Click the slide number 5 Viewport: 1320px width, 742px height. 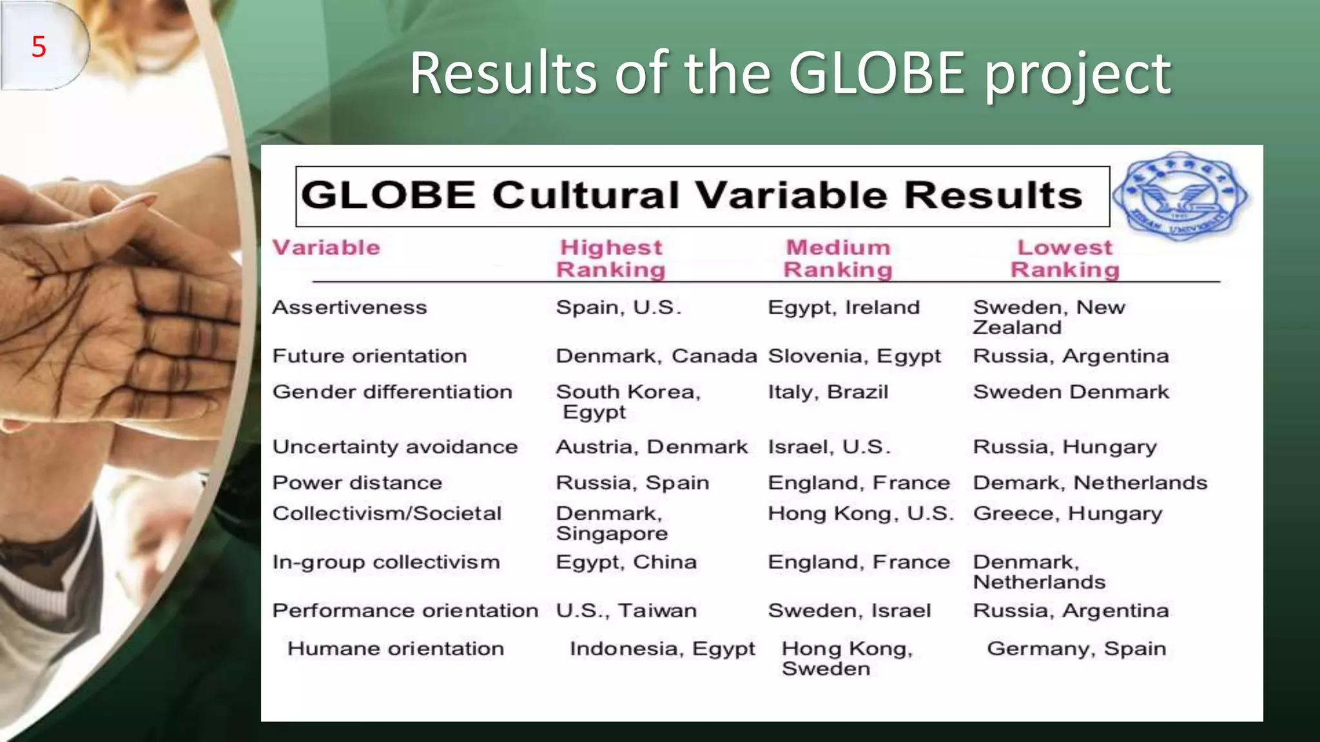39,47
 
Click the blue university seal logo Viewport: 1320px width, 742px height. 1179,196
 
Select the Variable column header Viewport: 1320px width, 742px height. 326,248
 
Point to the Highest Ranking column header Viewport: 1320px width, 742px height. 610,258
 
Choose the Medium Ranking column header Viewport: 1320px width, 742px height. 838,258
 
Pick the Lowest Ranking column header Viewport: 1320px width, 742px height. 1065,258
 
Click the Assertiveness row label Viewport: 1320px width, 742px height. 349,307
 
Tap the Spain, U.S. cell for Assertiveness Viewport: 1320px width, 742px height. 618,307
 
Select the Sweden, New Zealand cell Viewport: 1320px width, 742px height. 1049,317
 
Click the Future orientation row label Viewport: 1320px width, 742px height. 369,356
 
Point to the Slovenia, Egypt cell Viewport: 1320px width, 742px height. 854,356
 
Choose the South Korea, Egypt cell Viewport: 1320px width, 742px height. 628,401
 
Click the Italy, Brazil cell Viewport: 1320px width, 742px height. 828,392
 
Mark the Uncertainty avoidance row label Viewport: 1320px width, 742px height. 394,447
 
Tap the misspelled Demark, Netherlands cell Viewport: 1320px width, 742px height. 1090,482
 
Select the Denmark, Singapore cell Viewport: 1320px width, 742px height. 612,523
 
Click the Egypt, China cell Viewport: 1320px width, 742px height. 626,562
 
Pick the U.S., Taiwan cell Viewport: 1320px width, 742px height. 626,611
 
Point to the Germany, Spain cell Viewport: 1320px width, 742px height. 1076,649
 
